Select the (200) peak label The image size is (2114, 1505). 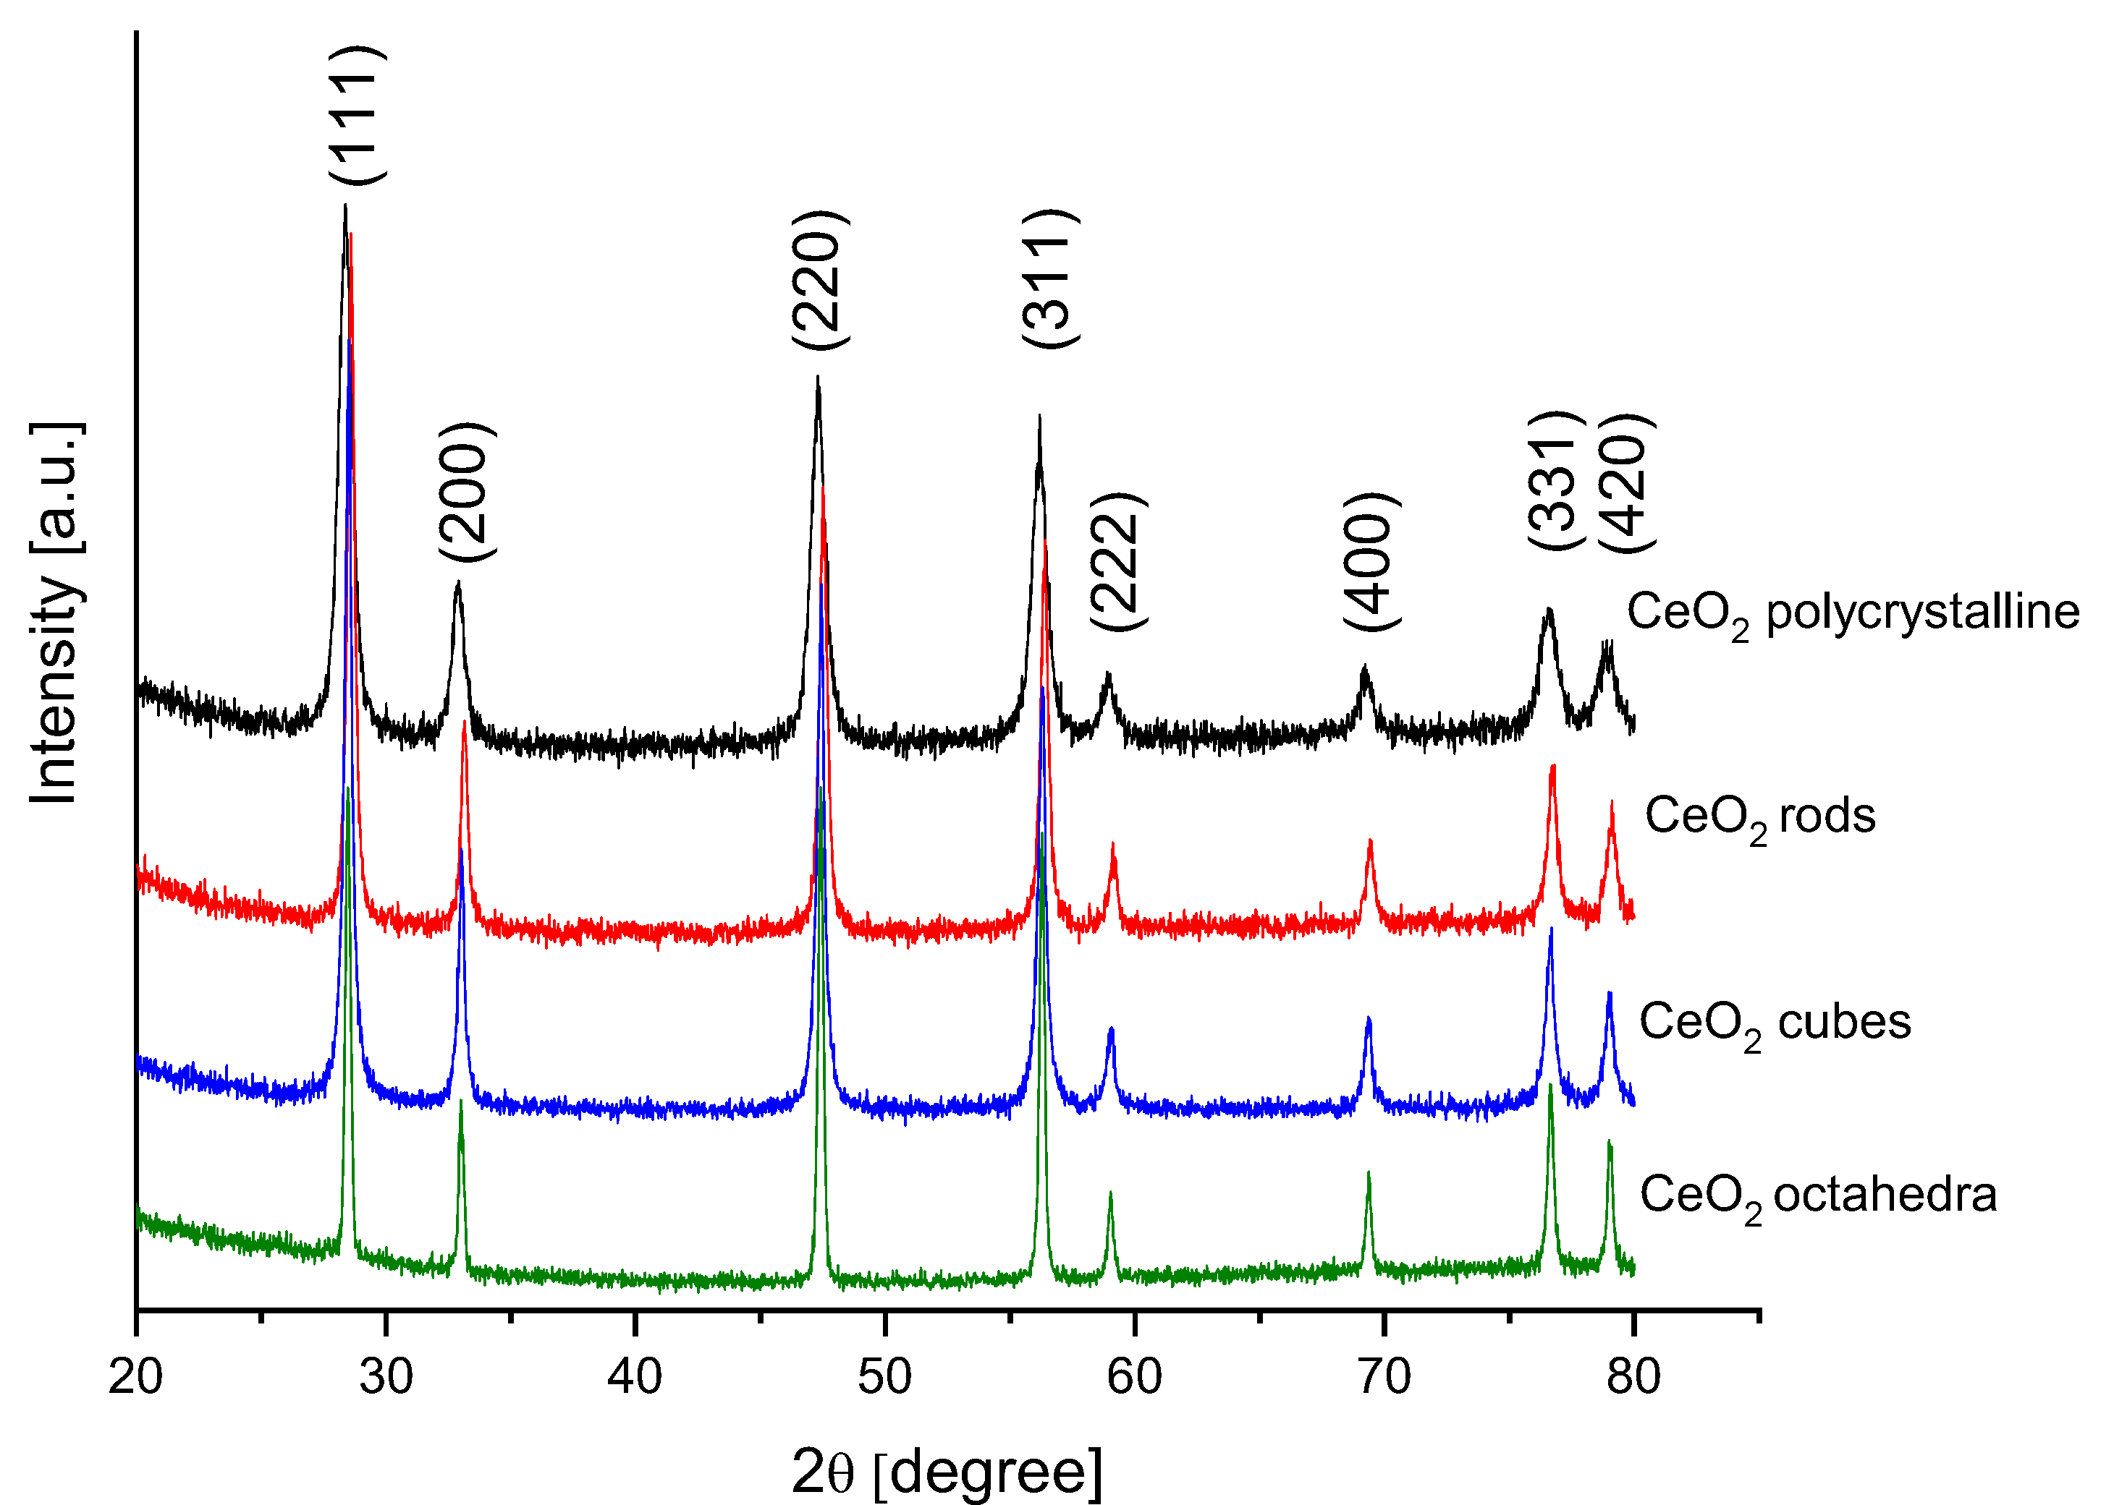click(466, 491)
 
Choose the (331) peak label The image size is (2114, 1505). click(1554, 480)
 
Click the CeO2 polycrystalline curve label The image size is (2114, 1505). click(1853, 613)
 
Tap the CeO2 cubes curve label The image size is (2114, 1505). click(1775, 1024)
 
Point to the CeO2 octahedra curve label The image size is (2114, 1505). click(1818, 1195)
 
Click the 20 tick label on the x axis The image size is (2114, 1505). click(135, 1377)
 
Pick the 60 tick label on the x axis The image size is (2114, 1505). click(1134, 1377)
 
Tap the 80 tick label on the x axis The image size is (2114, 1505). click(1633, 1377)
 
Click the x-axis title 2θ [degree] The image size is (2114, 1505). click(947, 1472)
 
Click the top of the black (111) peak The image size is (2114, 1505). click(345, 205)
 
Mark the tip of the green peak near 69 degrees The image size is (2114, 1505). click(1369, 1173)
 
